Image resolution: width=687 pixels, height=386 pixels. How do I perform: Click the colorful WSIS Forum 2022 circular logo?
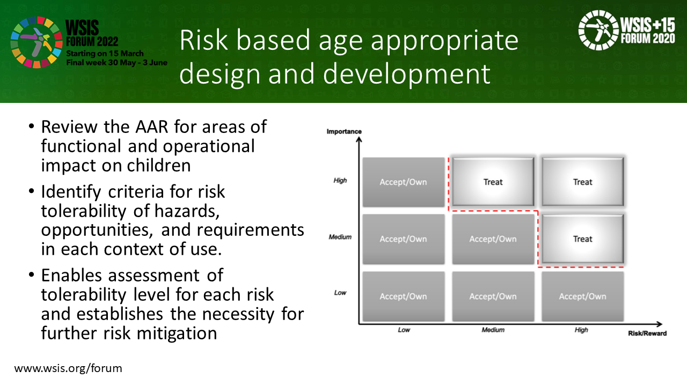pyautogui.click(x=36, y=42)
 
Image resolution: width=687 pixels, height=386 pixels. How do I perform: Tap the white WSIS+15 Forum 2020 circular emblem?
pyautogui.click(x=598, y=30)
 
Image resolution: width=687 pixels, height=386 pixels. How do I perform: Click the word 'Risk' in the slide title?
pyautogui.click(x=203, y=40)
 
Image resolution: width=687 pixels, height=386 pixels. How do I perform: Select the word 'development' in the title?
pyautogui.click(x=407, y=73)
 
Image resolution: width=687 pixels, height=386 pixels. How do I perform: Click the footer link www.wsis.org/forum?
pyautogui.click(x=68, y=368)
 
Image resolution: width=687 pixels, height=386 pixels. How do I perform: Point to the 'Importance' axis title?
pyautogui.click(x=344, y=131)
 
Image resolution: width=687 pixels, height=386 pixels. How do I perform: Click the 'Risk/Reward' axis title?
pyautogui.click(x=647, y=333)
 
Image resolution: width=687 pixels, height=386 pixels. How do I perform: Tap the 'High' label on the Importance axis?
pyautogui.click(x=340, y=181)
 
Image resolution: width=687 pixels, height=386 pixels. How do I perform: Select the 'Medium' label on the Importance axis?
pyautogui.click(x=340, y=237)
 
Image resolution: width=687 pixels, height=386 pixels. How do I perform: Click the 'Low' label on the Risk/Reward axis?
pyautogui.click(x=404, y=330)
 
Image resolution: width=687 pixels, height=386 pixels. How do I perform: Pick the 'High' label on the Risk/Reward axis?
pyautogui.click(x=581, y=330)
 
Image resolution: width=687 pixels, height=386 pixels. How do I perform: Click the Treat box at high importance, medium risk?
pyautogui.click(x=493, y=182)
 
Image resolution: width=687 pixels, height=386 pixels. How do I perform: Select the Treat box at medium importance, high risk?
pyautogui.click(x=583, y=239)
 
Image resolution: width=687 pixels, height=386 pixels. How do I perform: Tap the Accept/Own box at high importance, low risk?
pyautogui.click(x=404, y=182)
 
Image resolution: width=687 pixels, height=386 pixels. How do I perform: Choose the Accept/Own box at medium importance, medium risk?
pyautogui.click(x=493, y=239)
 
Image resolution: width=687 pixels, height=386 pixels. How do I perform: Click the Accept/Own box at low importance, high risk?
pyautogui.click(x=583, y=296)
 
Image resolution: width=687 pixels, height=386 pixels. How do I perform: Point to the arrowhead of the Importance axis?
pyautogui.click(x=359, y=139)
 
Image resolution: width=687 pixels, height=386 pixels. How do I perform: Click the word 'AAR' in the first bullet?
pyautogui.click(x=152, y=127)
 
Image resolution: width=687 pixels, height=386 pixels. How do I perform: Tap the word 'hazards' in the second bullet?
pyautogui.click(x=187, y=211)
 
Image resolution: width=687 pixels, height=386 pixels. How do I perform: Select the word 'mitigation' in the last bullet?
pyautogui.click(x=177, y=333)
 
